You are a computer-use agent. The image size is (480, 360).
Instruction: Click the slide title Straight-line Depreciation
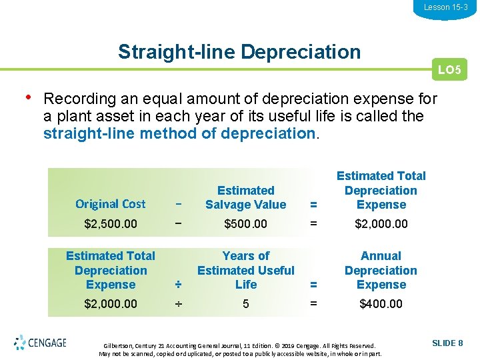[x=239, y=52]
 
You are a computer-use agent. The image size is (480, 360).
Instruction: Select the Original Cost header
[x=111, y=204]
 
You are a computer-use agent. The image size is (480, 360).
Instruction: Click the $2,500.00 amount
[x=111, y=224]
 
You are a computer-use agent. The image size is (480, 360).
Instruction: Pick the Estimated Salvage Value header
[x=246, y=197]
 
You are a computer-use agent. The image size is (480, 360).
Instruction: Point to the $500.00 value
[x=246, y=224]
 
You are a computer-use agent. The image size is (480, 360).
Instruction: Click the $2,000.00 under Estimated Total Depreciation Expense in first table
[x=381, y=224]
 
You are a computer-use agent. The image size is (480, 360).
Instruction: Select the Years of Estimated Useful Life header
[x=246, y=270]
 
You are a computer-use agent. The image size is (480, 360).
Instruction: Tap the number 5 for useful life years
[x=246, y=304]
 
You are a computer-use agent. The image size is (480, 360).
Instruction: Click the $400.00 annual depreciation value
[x=381, y=304]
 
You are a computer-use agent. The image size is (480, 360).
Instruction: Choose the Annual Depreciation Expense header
[x=381, y=270]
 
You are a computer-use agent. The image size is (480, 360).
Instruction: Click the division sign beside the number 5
[x=178, y=304]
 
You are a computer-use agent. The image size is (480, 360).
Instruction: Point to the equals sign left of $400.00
[x=313, y=304]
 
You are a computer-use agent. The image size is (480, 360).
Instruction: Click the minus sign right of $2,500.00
[x=178, y=224]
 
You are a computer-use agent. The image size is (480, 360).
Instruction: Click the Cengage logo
[x=40, y=343]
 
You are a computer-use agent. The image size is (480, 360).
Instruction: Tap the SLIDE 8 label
[x=447, y=343]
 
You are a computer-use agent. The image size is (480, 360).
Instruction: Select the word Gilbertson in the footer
[x=119, y=346]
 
